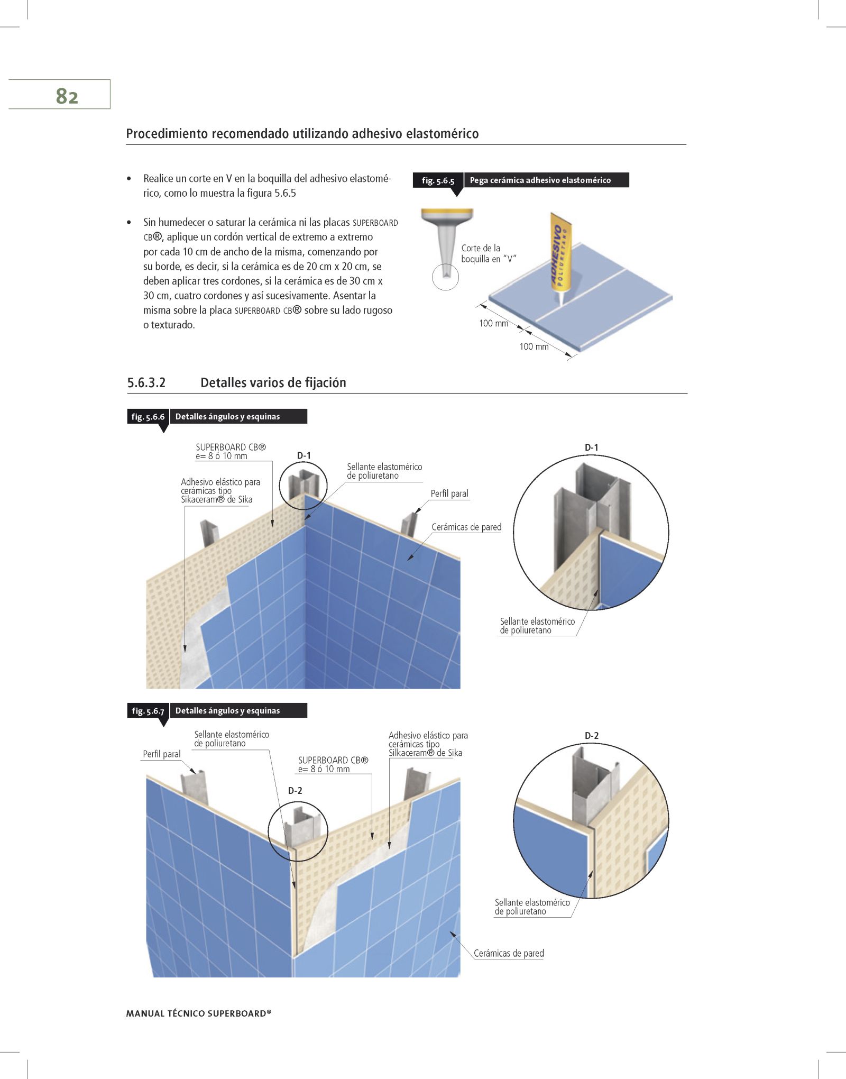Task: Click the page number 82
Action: pos(67,96)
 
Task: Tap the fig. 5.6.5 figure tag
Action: pos(438,180)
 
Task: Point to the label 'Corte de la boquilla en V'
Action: pos(488,253)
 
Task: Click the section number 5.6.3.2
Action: pos(146,382)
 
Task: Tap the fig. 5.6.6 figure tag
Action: pos(148,417)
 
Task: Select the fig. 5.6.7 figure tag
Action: pos(148,711)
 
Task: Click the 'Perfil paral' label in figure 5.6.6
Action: pos(449,493)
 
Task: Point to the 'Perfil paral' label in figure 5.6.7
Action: pos(161,754)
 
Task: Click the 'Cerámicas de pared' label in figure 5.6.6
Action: pos(466,527)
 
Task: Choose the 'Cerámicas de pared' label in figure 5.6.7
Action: pos(509,953)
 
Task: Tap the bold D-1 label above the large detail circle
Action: pos(591,447)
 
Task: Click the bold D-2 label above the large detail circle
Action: pos(591,736)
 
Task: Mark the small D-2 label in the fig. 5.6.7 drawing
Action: pos(295,790)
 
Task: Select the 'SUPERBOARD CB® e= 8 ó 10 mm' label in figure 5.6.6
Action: pos(231,451)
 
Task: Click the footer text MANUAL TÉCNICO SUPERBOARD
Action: pos(198,1013)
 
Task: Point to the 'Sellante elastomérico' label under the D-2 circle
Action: pos(532,907)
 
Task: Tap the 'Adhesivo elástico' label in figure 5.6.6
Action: pos(220,490)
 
